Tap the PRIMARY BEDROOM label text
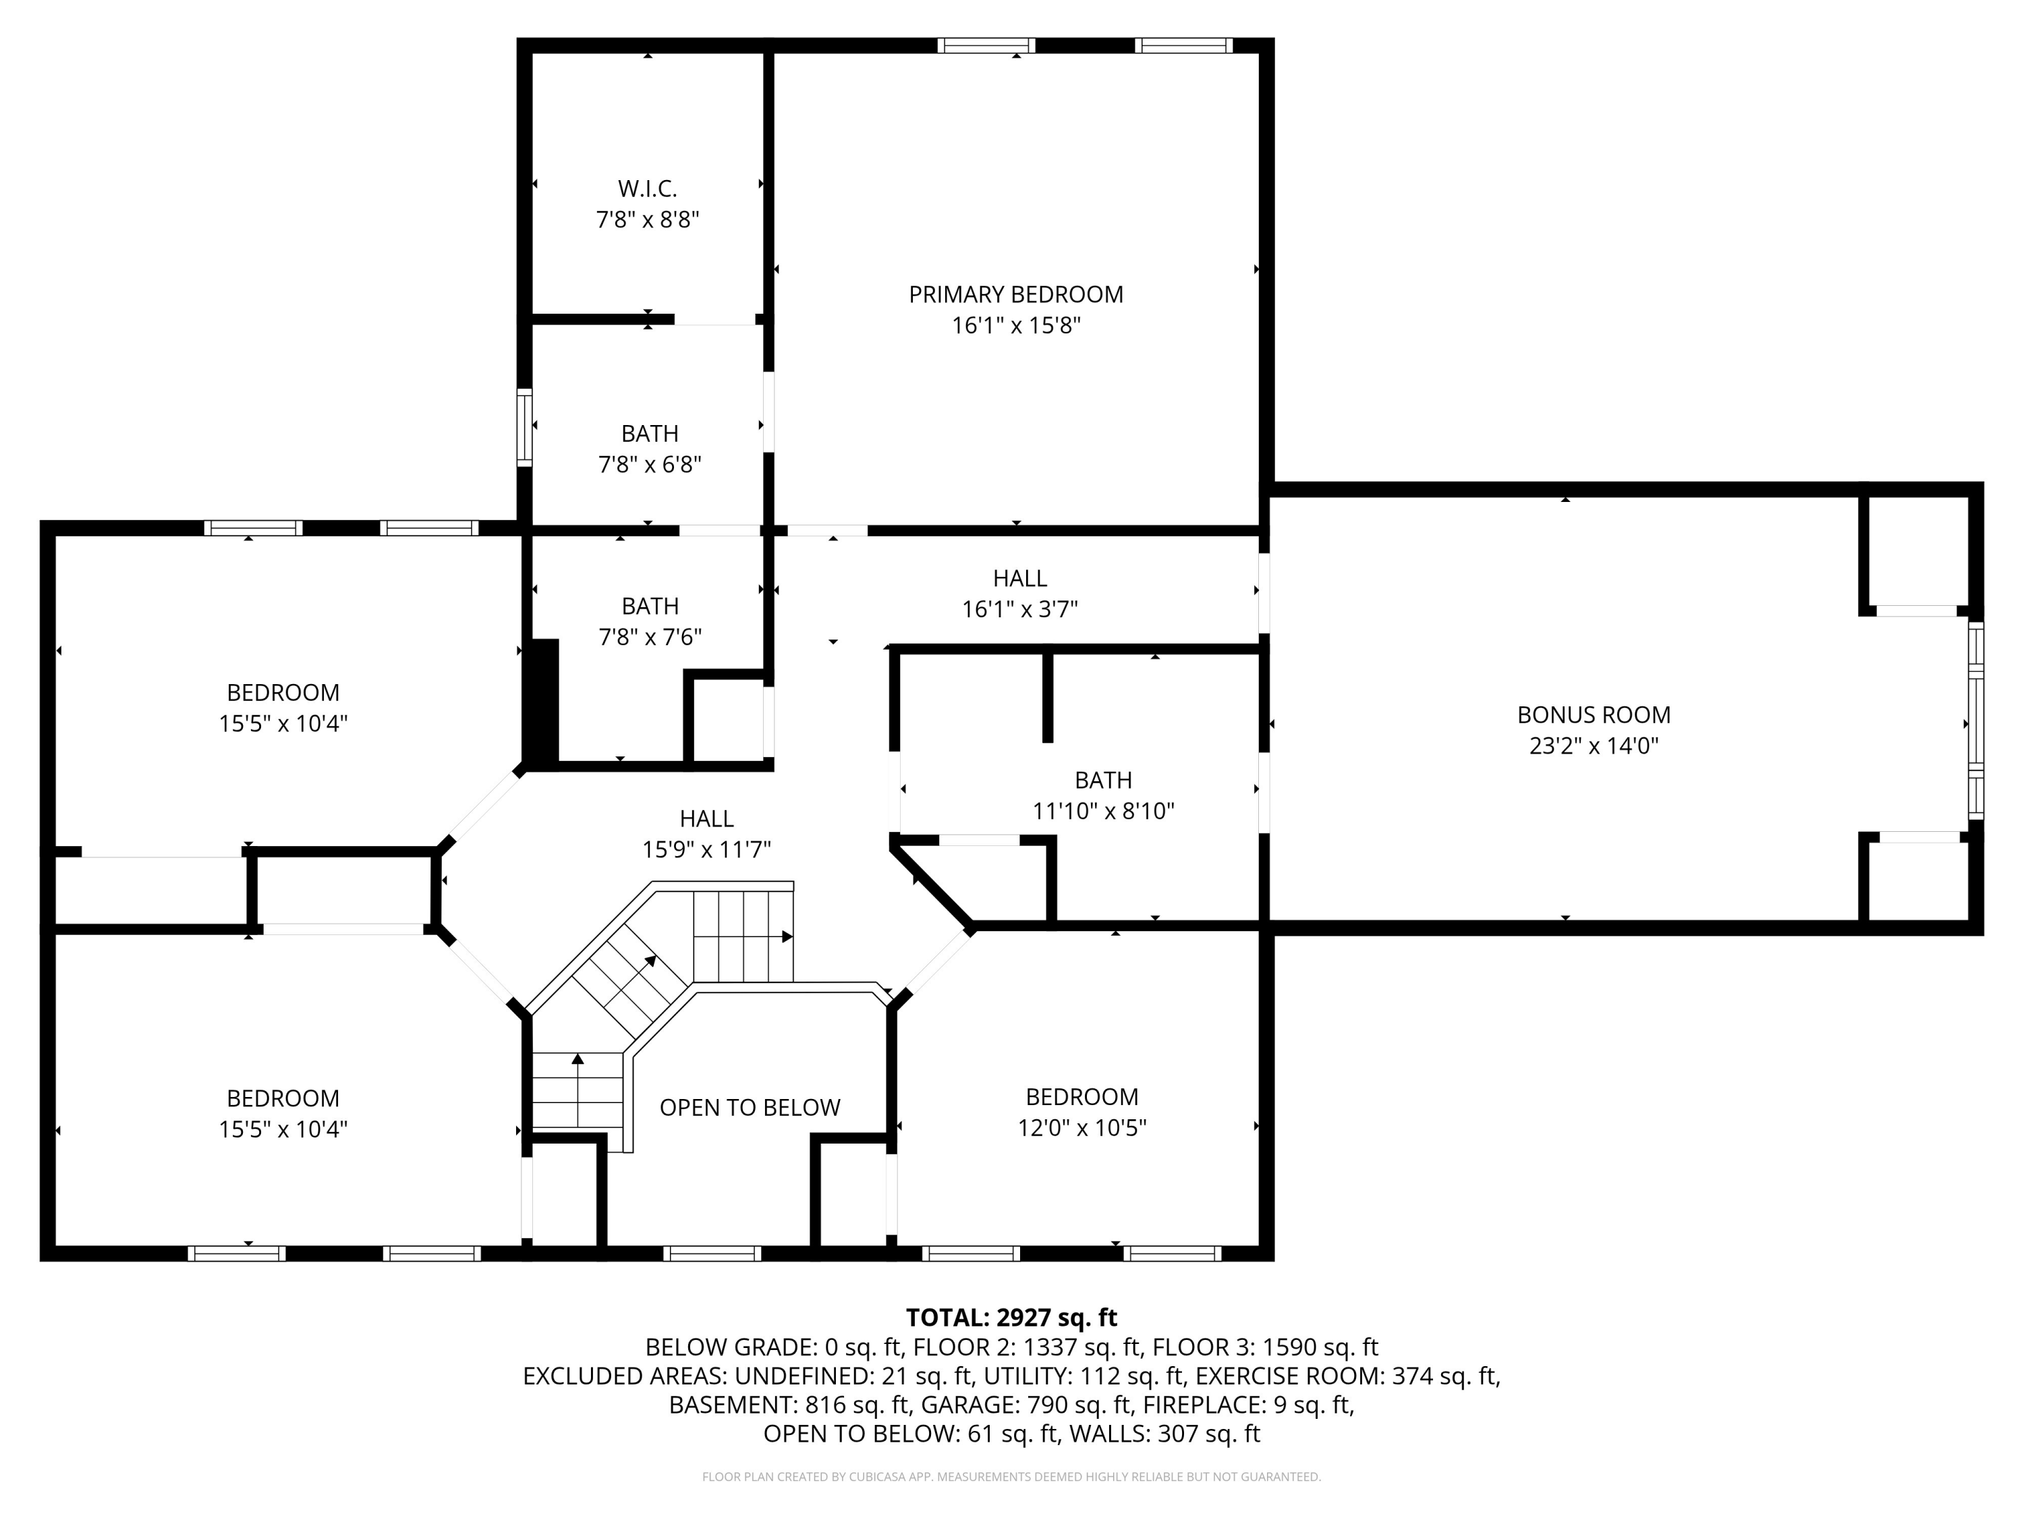1015,295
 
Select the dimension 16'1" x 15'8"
1015,326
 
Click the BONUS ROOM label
1593,714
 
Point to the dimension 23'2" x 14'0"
1593,746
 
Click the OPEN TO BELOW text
750,1107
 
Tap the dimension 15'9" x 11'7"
706,850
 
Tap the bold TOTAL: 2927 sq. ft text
1011,1318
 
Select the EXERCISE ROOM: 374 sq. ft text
1347,1376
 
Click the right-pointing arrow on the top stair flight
786,937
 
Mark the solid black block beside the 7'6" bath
544,702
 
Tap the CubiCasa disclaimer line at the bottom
1011,1477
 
